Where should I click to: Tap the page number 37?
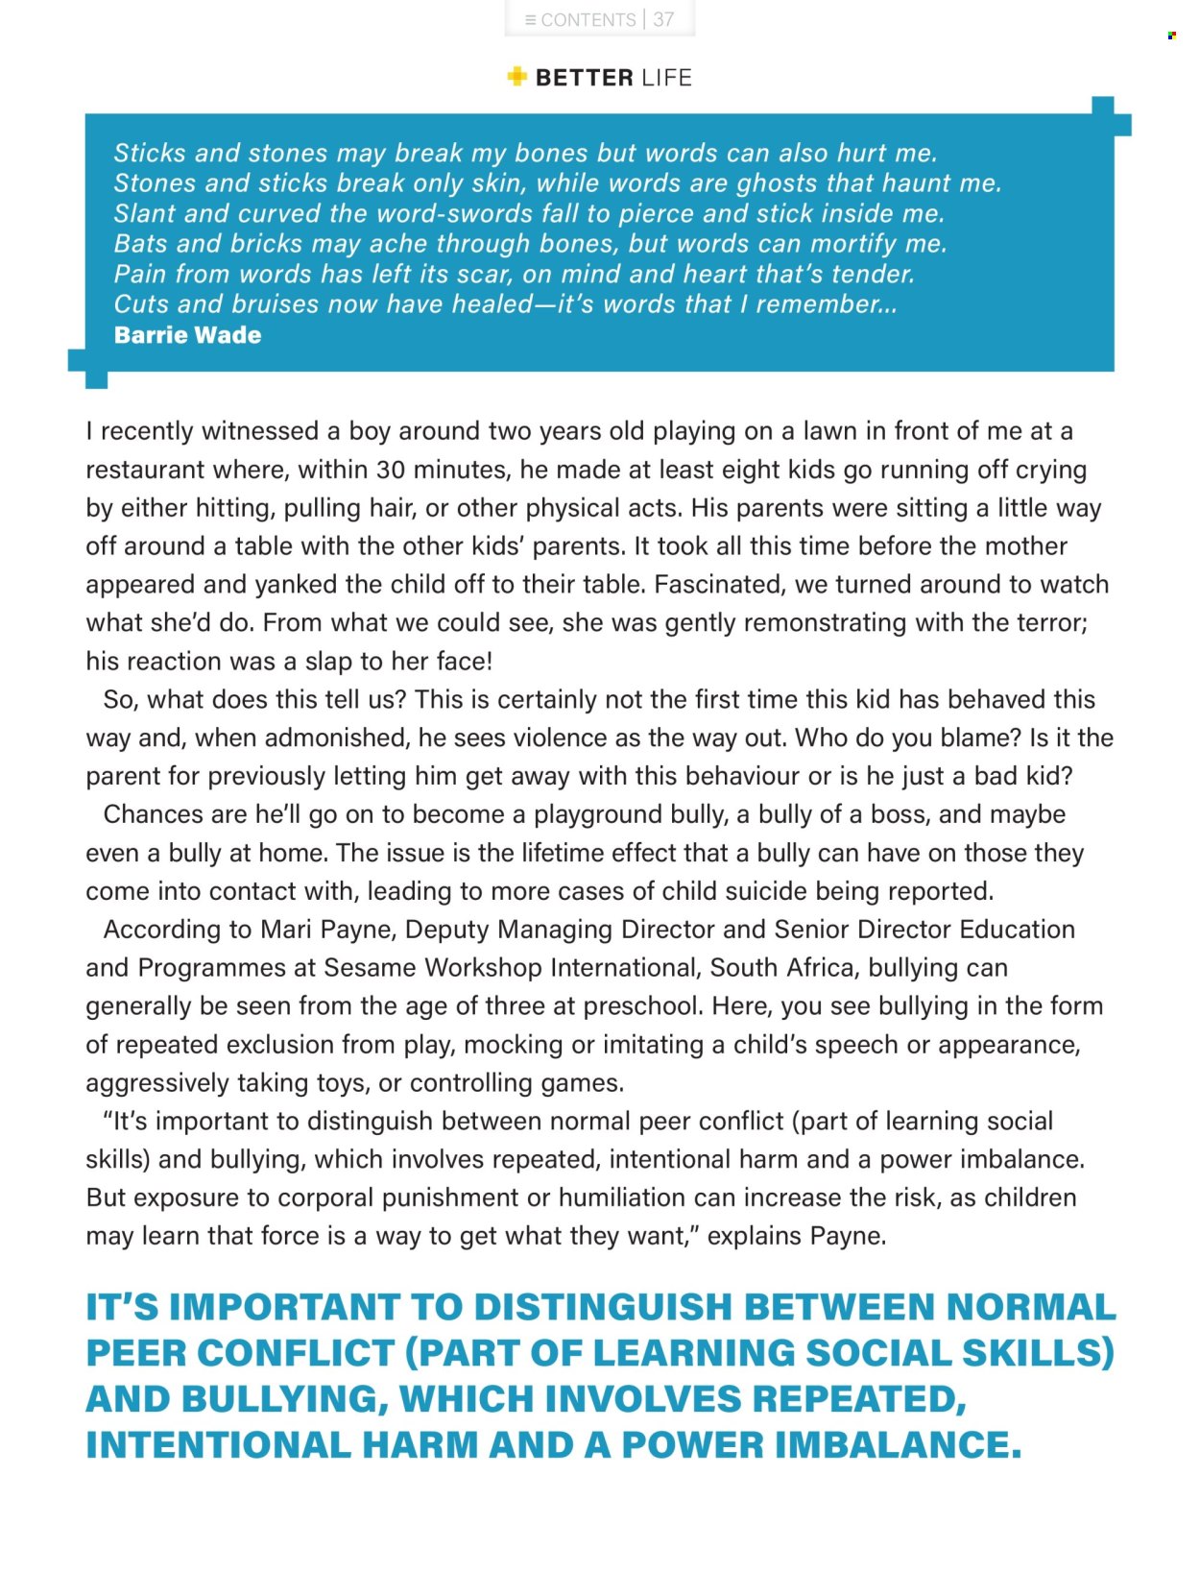663,19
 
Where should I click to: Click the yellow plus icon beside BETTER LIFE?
516,77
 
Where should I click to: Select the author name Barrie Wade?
187,335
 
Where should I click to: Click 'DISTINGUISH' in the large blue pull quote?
603,1308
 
